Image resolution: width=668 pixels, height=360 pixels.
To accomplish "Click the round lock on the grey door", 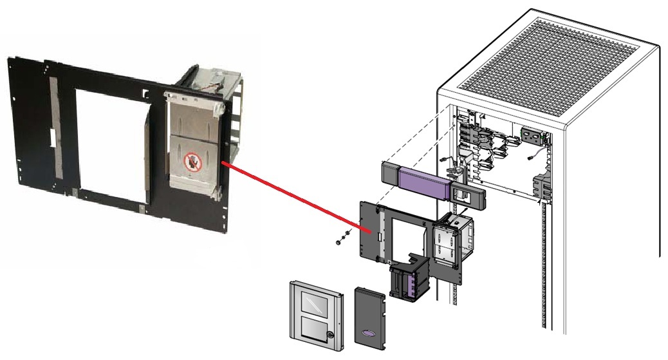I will (329, 335).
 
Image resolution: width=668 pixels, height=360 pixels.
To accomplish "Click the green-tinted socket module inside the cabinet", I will (533, 137).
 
